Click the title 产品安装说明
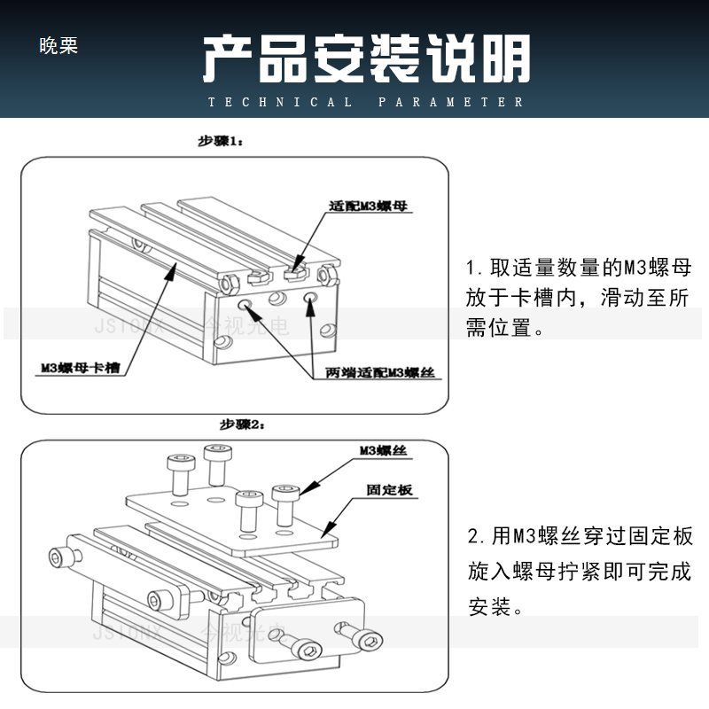pyautogui.click(x=366, y=59)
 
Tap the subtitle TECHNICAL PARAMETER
pyautogui.click(x=366, y=102)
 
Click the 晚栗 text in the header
pyautogui.click(x=59, y=46)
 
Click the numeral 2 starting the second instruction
pyautogui.click(x=473, y=536)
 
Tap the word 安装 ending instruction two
pyautogui.click(x=487, y=609)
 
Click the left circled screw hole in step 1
pyautogui.click(x=246, y=306)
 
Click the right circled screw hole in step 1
pyautogui.click(x=310, y=301)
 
